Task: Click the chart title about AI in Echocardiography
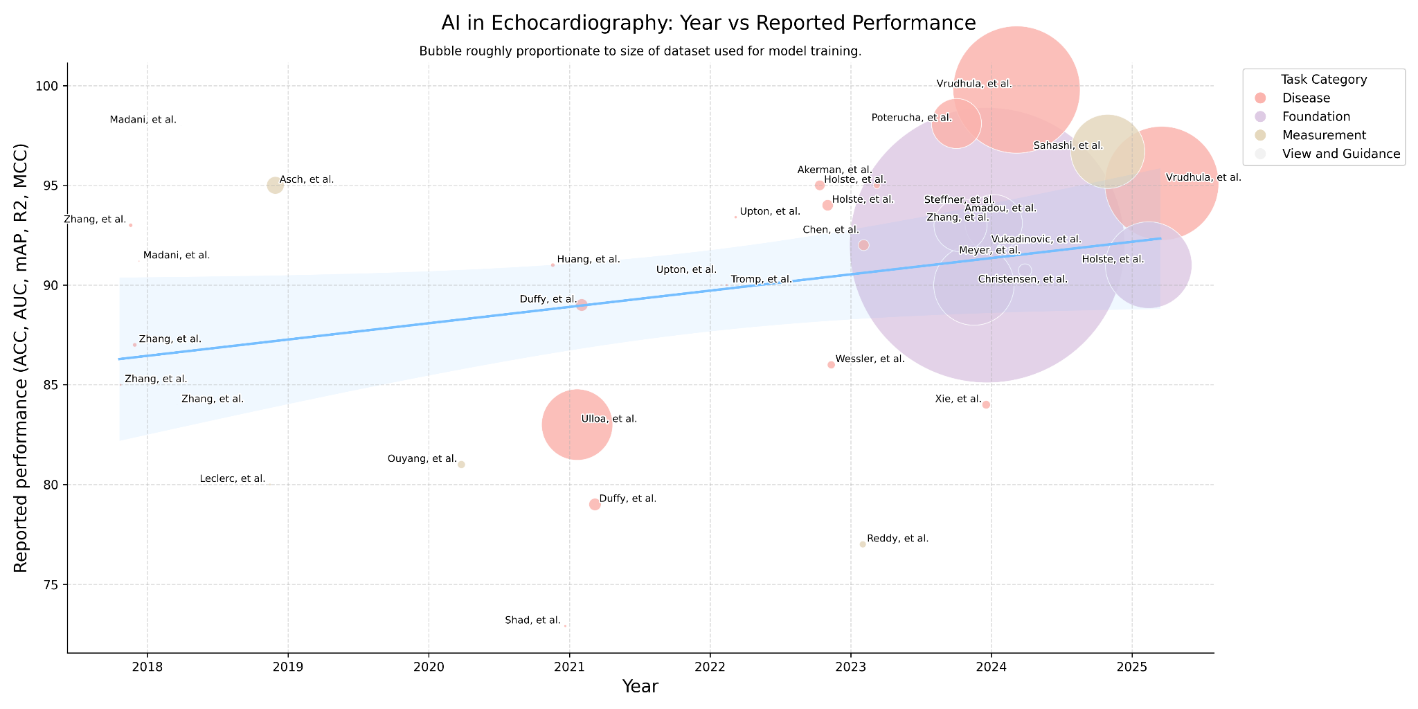[708, 23]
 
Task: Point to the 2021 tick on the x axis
[569, 667]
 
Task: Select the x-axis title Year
[640, 687]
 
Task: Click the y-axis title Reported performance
[21, 358]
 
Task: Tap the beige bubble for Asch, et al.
[275, 186]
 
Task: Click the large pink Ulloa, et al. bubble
[576, 424]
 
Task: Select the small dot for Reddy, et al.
[863, 544]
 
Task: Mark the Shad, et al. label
[532, 620]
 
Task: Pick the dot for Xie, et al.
[986, 405]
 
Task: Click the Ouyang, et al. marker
[461, 465]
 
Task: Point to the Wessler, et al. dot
[831, 365]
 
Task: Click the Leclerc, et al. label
[232, 479]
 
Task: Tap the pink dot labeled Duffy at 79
[595, 505]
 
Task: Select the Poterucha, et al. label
[911, 118]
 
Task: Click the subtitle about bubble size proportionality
[640, 51]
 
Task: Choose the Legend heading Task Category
[1323, 80]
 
